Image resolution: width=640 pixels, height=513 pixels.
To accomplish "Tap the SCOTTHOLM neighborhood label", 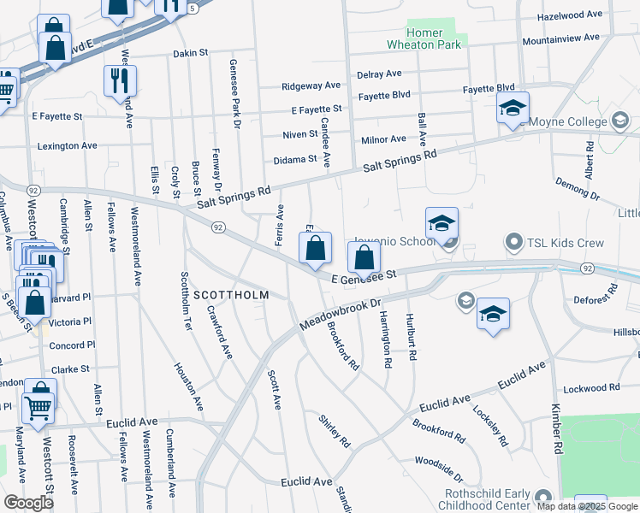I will point(231,295).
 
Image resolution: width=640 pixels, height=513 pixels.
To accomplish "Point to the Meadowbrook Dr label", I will point(340,314).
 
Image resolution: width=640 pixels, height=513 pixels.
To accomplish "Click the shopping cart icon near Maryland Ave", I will point(39,410).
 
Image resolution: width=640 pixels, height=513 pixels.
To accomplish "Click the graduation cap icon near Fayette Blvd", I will point(513,108).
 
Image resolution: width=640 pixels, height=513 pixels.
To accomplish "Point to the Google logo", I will point(28,502).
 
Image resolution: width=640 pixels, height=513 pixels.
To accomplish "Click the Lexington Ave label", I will point(67,146).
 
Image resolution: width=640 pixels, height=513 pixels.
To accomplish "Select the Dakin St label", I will point(191,52).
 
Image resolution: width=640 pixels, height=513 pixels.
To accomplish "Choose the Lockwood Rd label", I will point(590,388).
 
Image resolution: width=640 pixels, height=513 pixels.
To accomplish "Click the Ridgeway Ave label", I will point(311,86).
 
